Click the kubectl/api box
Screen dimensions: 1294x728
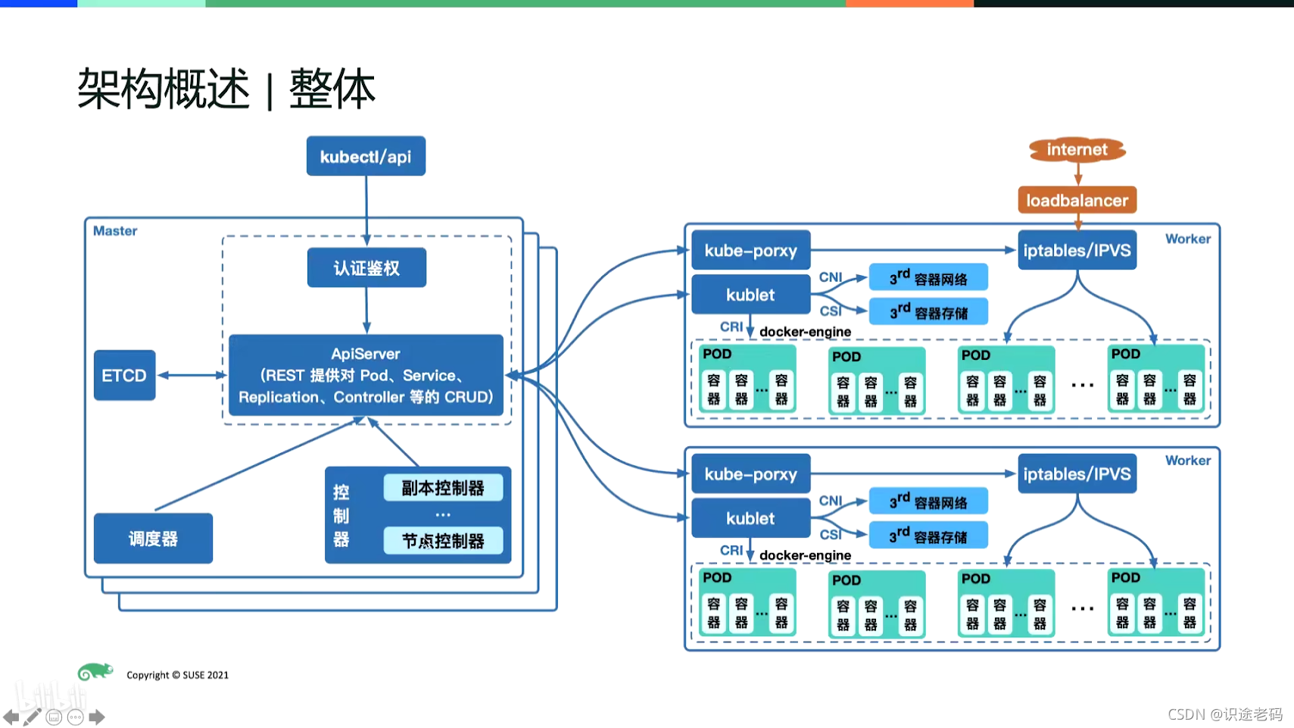tap(366, 156)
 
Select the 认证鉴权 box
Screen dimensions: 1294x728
tap(366, 267)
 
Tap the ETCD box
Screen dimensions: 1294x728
tap(125, 375)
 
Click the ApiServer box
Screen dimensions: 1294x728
tap(366, 375)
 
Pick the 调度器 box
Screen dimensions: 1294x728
tap(153, 539)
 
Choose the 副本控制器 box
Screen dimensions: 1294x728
tap(443, 488)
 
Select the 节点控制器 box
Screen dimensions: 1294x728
tap(443, 541)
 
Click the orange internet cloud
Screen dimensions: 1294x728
tap(1077, 150)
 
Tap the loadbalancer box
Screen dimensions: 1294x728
tap(1077, 200)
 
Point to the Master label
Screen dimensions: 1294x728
tap(115, 231)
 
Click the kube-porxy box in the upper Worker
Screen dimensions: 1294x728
tap(751, 250)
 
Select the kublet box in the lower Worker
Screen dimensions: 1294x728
tap(751, 518)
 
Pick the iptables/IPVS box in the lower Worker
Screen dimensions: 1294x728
tap(1077, 473)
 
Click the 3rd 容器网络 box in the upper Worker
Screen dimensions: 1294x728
tap(928, 278)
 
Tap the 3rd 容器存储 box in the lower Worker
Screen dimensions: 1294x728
tap(928, 536)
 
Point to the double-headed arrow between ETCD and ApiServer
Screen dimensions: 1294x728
tap(192, 375)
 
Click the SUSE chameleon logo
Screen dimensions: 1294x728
tap(95, 671)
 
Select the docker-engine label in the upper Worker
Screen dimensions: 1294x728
tap(806, 332)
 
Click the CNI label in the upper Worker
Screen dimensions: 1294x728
tap(831, 277)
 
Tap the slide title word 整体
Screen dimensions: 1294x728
tap(332, 89)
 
